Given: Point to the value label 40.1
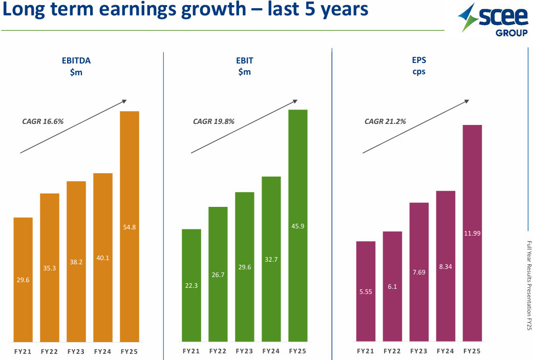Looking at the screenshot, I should click(103, 258).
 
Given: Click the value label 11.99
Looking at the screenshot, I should click(472, 234).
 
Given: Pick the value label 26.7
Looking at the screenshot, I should click(218, 275).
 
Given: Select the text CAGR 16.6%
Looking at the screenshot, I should click(42, 122).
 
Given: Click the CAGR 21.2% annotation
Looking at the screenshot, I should click(385, 122).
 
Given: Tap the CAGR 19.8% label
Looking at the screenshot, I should click(214, 122).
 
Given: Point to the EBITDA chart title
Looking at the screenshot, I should click(76, 66).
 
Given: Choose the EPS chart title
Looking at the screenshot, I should click(419, 66).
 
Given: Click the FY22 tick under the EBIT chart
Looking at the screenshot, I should click(218, 352).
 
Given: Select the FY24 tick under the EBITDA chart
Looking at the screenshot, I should click(103, 352).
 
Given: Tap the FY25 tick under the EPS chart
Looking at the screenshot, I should click(472, 352).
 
